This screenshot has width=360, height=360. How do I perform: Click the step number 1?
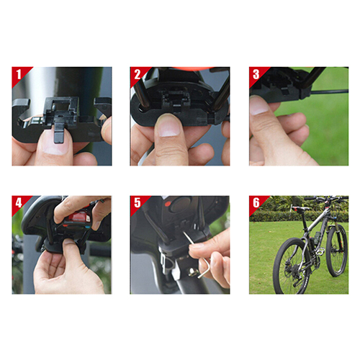19,74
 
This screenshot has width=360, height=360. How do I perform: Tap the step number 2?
138,74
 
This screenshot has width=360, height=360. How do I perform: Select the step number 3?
256,74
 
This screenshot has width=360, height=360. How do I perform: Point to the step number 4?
19,203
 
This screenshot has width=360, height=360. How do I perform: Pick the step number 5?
138,203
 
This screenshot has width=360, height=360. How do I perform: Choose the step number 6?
256,203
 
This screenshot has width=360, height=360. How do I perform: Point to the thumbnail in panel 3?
258,104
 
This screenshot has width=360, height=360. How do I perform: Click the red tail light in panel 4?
78,217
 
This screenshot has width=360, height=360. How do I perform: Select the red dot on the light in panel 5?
168,204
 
